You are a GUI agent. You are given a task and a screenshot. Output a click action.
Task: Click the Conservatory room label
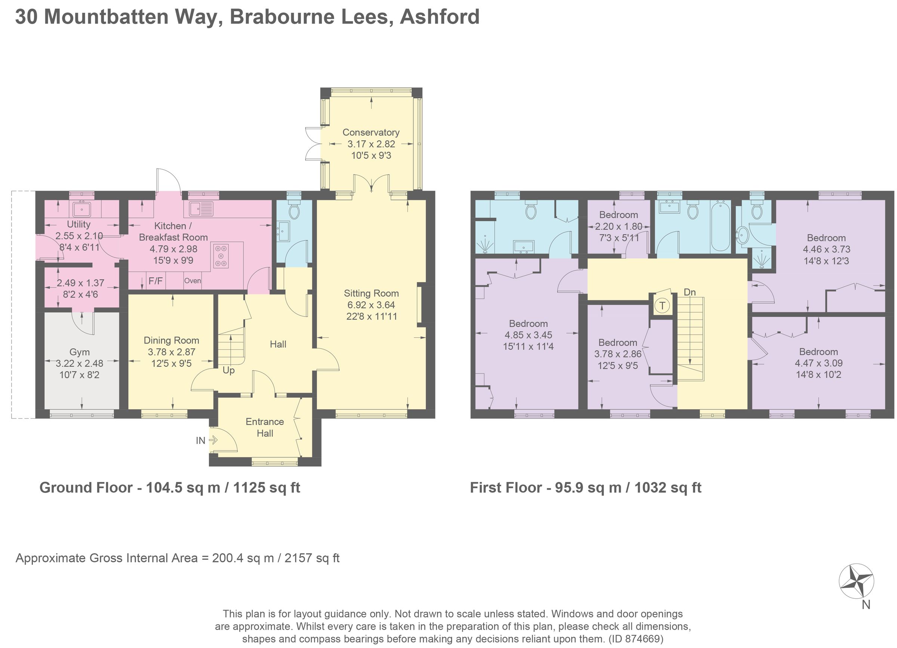click(371, 132)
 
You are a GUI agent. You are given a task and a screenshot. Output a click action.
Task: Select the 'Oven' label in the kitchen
click(192, 281)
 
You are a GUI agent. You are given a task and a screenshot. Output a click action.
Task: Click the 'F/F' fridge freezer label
click(155, 281)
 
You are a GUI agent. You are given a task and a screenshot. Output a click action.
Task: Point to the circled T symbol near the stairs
click(662, 305)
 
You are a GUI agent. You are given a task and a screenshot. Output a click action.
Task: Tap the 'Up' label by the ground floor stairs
click(229, 370)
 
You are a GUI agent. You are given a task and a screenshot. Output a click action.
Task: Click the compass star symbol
click(856, 581)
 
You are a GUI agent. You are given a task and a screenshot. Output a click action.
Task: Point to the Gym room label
click(80, 352)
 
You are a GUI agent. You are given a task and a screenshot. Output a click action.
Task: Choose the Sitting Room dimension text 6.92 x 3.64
click(371, 305)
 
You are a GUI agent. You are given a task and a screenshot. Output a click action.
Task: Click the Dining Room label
click(171, 340)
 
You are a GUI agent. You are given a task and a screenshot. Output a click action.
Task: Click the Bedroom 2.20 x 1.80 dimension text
click(619, 226)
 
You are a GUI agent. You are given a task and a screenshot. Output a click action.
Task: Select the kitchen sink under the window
click(201, 209)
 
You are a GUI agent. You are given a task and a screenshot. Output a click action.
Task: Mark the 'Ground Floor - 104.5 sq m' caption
click(170, 487)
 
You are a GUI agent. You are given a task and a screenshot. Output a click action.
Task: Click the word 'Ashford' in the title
click(440, 16)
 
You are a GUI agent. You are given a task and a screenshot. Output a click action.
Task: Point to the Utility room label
click(78, 224)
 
